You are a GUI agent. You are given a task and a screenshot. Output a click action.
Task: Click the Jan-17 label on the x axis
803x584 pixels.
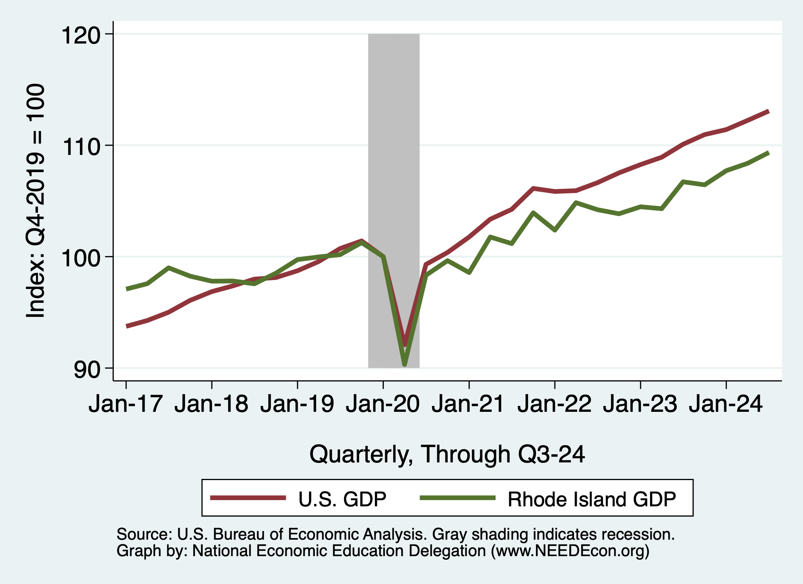[x=125, y=404]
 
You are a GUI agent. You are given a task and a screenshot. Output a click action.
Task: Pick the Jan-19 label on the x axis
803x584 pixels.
[x=297, y=404]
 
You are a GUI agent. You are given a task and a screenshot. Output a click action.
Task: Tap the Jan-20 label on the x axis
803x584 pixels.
[x=383, y=404]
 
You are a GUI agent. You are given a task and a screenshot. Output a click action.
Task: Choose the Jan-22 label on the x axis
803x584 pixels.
[x=554, y=404]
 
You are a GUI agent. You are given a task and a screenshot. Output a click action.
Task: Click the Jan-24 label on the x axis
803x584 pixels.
[x=726, y=404]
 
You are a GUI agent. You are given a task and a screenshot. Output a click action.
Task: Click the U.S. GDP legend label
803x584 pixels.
[x=342, y=499]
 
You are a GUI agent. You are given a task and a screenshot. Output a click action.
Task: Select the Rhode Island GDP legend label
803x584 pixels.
[x=592, y=499]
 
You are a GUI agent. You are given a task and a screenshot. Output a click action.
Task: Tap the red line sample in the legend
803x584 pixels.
[x=248, y=498]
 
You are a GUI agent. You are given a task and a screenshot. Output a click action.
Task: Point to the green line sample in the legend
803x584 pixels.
[x=458, y=498]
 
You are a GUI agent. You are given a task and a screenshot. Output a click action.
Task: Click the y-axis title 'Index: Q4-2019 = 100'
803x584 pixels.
[x=35, y=201]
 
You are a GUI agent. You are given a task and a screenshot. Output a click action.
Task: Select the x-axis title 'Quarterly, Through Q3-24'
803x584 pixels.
[x=447, y=454]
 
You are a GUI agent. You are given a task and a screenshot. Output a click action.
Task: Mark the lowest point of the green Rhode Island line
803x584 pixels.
[x=405, y=365]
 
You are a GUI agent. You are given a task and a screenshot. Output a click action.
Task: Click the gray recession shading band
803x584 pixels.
[x=394, y=157]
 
